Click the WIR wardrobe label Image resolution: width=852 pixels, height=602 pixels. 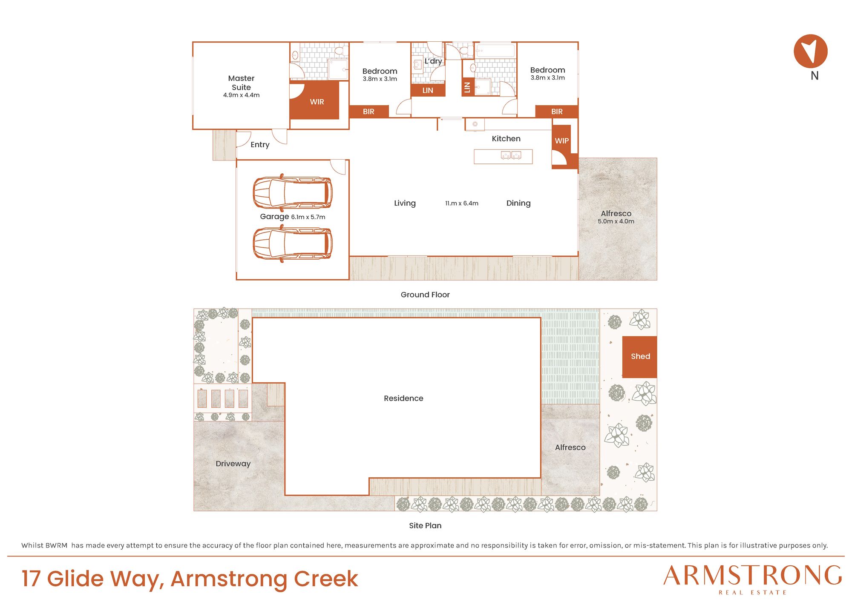pos(317,102)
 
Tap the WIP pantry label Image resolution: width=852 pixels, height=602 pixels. pos(561,140)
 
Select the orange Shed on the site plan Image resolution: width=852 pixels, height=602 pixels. pos(639,357)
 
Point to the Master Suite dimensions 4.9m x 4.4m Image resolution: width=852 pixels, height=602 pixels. pos(241,95)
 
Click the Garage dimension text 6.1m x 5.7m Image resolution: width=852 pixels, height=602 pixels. pos(308,217)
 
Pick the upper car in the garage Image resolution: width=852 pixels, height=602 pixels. pos(293,192)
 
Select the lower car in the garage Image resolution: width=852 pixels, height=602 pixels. pos(293,244)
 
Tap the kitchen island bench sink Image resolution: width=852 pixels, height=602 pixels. pos(511,155)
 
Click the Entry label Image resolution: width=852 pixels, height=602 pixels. pos(260,145)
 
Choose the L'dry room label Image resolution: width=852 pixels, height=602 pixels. pos(433,61)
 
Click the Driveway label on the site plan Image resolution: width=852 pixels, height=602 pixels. pos(233,464)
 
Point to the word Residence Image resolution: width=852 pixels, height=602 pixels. pos(403,398)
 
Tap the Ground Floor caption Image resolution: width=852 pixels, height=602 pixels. pos(425,295)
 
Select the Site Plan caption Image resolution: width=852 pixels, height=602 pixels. pos(425,525)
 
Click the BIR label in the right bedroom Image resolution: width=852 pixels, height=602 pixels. pos(557,112)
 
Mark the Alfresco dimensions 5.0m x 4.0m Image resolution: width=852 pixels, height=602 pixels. pos(616,221)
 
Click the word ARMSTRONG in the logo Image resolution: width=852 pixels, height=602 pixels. pos(753,576)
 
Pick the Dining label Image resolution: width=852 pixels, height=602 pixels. pos(518,203)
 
